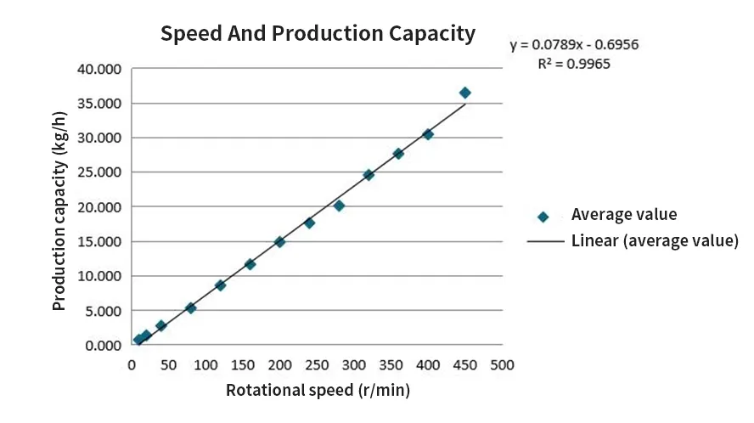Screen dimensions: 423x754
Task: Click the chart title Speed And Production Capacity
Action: pyautogui.click(x=318, y=34)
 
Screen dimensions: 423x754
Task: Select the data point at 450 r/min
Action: pyautogui.click(x=464, y=93)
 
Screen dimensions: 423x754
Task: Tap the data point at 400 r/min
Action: pyautogui.click(x=428, y=134)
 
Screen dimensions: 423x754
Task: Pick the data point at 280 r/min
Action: pyautogui.click(x=339, y=206)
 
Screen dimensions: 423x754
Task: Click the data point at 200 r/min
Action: pyautogui.click(x=279, y=242)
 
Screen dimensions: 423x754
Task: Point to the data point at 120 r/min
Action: pyautogui.click(x=220, y=285)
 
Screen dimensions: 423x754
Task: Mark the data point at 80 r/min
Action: pyautogui.click(x=190, y=308)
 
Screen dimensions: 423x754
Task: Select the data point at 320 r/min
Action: pyautogui.click(x=369, y=175)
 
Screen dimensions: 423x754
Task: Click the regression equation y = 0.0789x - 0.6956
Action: pyautogui.click(x=580, y=45)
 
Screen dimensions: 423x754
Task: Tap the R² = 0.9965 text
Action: pyautogui.click(x=574, y=64)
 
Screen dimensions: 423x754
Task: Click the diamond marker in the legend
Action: pyautogui.click(x=543, y=217)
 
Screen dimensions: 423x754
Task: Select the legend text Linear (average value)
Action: pyautogui.click(x=655, y=241)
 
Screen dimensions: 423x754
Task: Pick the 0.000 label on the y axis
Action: pyautogui.click(x=102, y=346)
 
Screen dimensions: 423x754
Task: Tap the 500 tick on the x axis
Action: pyautogui.click(x=502, y=365)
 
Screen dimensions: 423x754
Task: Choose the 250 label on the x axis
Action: pyautogui.click(x=317, y=365)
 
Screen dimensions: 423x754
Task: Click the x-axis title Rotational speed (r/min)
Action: pyautogui.click(x=318, y=391)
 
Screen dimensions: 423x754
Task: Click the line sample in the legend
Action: pyautogui.click(x=546, y=242)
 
